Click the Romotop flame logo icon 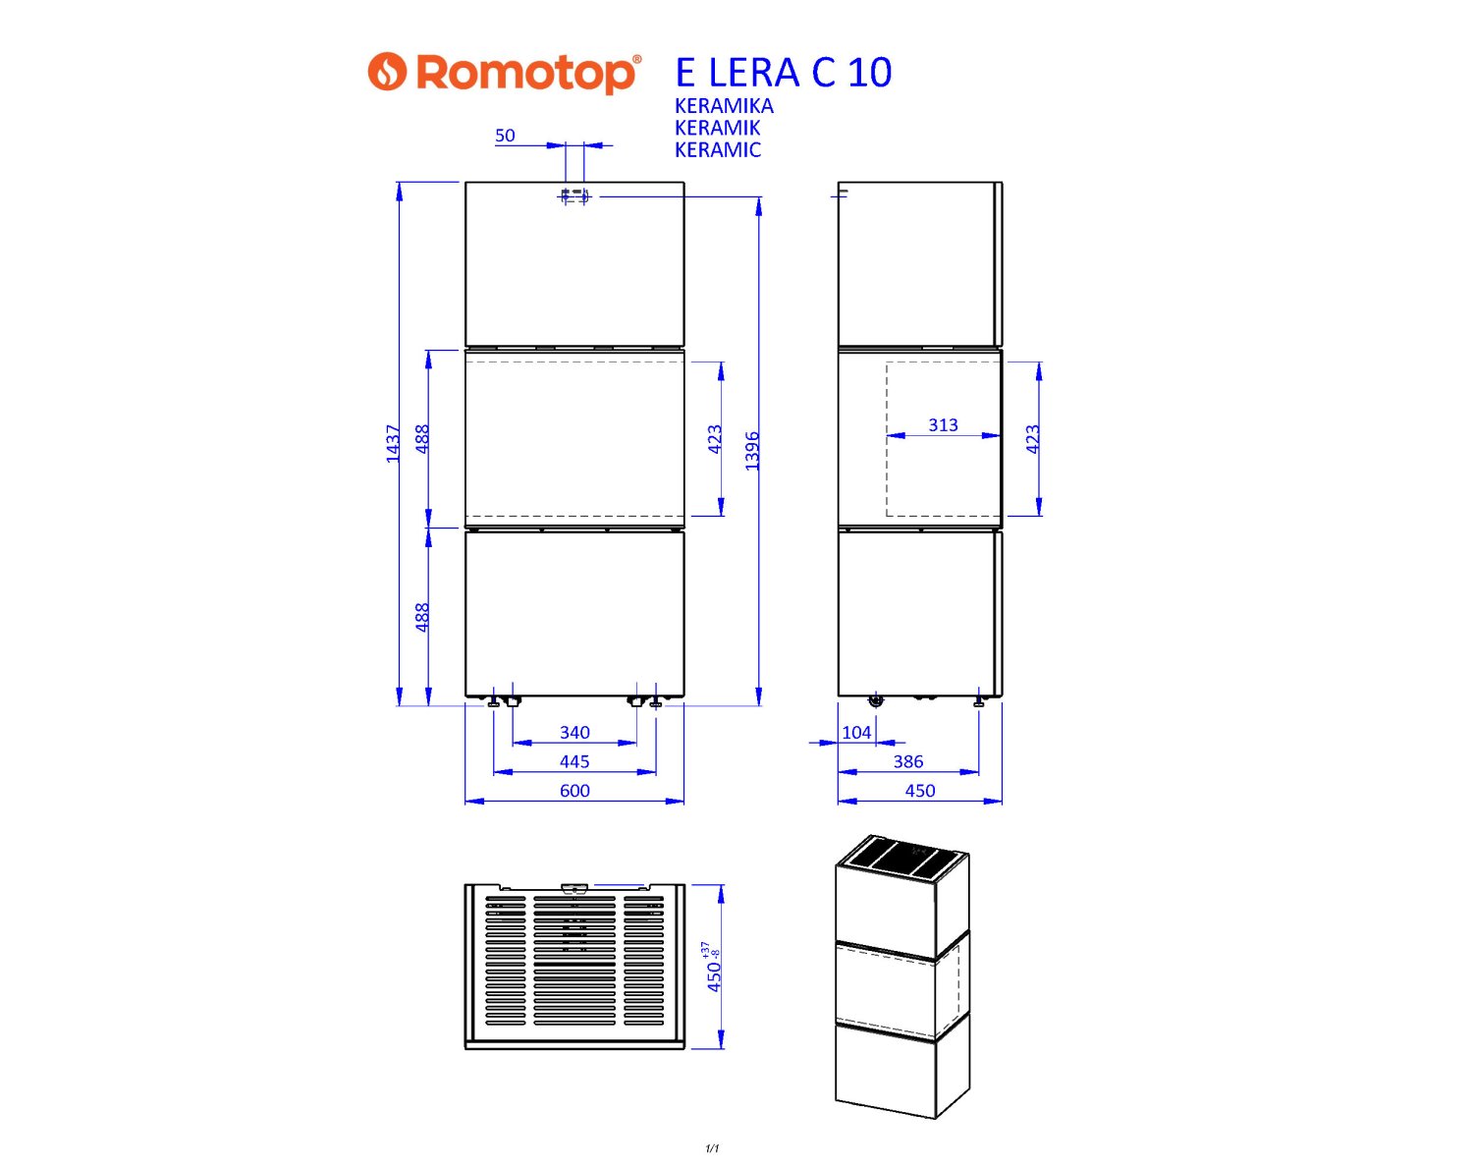[x=387, y=71]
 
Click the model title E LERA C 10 [x=784, y=72]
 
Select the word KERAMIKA [x=724, y=106]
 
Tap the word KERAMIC [x=718, y=150]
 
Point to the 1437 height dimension [x=392, y=444]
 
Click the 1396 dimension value [x=751, y=451]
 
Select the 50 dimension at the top [x=505, y=136]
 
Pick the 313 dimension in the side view [x=944, y=425]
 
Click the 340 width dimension [x=575, y=733]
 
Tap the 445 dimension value [x=575, y=761]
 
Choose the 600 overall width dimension [x=575, y=791]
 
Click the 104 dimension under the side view [x=857, y=733]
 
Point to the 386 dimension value [x=908, y=761]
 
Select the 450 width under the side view [x=920, y=791]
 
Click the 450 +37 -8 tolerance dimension [x=713, y=967]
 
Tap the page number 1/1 [x=712, y=1148]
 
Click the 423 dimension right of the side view [x=1033, y=439]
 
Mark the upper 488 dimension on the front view [x=422, y=439]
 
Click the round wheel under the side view [x=876, y=701]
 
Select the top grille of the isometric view [x=902, y=861]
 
